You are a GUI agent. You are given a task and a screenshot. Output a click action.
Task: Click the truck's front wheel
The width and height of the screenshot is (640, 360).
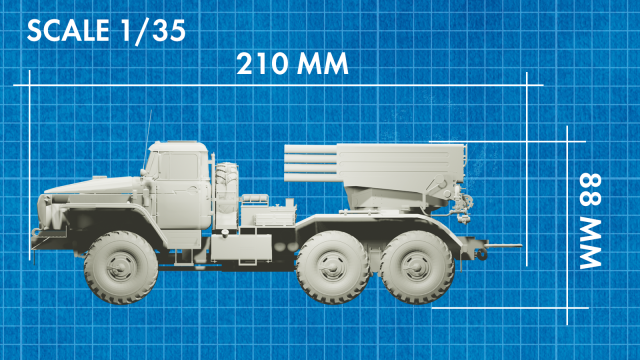pos(117,265)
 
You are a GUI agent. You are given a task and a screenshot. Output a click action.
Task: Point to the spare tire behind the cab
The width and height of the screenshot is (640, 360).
pos(228,190)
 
